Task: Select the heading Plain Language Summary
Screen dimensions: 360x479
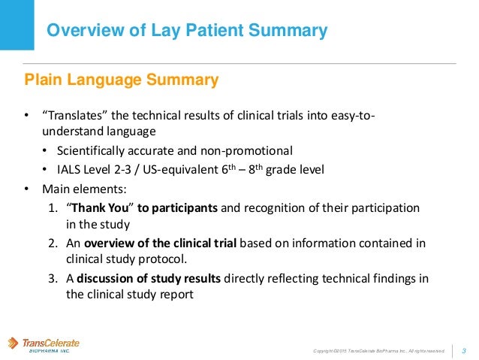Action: coord(122,80)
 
